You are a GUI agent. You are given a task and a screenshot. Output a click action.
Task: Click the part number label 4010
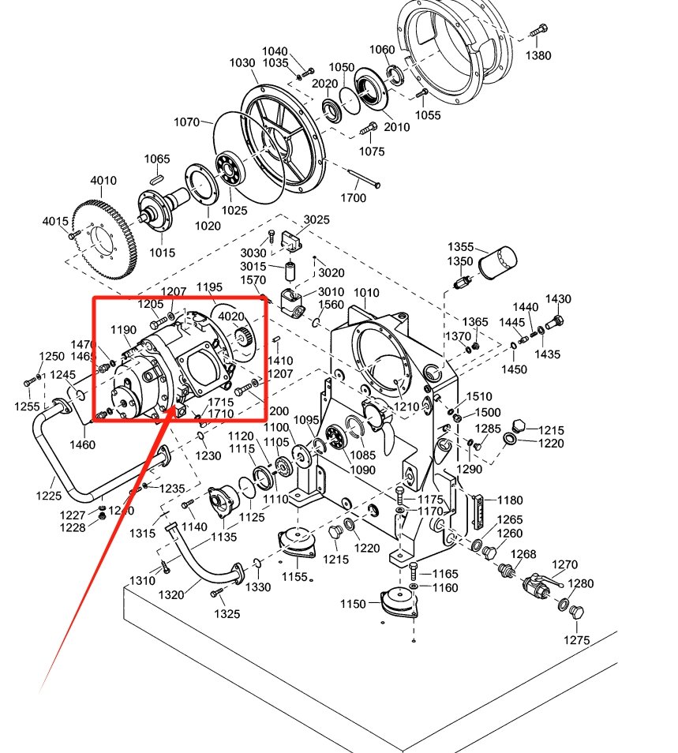click(x=103, y=181)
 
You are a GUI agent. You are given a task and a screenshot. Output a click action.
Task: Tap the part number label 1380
click(x=538, y=56)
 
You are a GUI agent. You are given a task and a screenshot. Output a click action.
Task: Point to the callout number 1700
click(x=354, y=197)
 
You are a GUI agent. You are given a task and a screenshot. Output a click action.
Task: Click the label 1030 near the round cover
click(x=242, y=63)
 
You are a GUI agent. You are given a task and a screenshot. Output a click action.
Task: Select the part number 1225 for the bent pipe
click(x=49, y=496)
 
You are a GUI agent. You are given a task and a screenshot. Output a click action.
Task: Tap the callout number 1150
click(x=353, y=604)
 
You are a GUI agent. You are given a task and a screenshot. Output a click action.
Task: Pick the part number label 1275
click(x=576, y=640)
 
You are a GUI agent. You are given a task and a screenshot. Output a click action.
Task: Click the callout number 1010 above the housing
click(x=365, y=293)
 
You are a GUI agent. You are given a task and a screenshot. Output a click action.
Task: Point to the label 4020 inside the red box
click(x=230, y=317)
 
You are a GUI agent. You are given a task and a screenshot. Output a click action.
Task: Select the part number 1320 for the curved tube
click(x=171, y=594)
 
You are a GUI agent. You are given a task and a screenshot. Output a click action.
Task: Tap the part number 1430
click(x=558, y=299)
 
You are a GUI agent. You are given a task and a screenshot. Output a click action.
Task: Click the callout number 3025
click(x=317, y=219)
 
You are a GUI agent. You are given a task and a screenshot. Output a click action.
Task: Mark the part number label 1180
click(x=510, y=500)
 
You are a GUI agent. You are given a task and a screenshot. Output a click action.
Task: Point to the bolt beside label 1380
click(x=538, y=32)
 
